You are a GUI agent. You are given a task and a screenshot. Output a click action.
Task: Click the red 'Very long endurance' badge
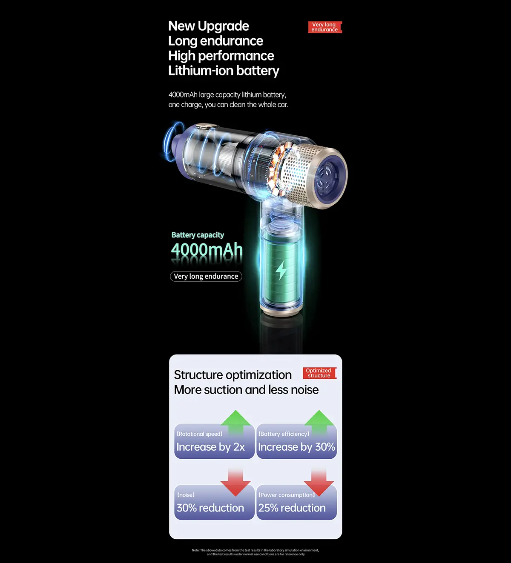(324, 27)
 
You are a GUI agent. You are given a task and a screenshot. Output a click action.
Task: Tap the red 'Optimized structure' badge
(319, 373)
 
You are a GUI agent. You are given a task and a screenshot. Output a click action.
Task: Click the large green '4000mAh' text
(207, 250)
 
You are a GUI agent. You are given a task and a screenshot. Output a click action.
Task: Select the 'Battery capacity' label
(198, 235)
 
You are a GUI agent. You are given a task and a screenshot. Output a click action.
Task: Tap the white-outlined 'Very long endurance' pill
(206, 277)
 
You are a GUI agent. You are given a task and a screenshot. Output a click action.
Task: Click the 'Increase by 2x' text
(210, 447)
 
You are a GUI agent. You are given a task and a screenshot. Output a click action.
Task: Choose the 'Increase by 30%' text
(296, 447)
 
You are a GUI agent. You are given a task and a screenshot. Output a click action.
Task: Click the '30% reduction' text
(210, 508)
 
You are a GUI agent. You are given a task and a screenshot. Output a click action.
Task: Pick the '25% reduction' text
(292, 508)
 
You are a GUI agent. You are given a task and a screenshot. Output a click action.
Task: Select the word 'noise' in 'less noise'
(304, 390)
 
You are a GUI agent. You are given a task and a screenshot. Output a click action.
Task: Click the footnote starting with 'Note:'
(255, 552)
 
